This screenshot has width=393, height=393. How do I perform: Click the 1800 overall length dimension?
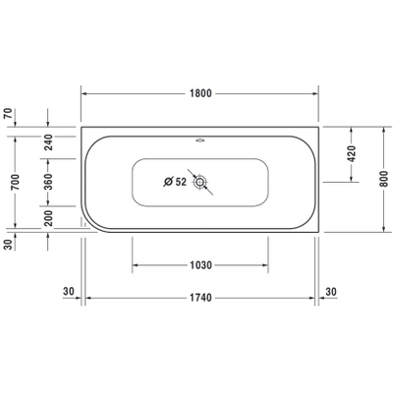[x=201, y=92]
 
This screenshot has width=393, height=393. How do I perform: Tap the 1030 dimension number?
[x=201, y=265]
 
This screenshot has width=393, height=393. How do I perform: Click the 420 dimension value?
[x=351, y=153]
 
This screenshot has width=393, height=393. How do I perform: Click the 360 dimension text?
[x=48, y=184]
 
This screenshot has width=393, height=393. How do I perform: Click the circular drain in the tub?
[x=201, y=182]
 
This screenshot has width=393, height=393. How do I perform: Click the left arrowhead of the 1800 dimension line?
[x=84, y=92]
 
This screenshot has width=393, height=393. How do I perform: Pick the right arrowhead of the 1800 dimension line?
[x=318, y=92]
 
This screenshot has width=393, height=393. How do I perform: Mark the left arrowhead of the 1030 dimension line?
[x=135, y=265]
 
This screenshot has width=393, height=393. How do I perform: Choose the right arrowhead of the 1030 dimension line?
[x=267, y=265]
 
